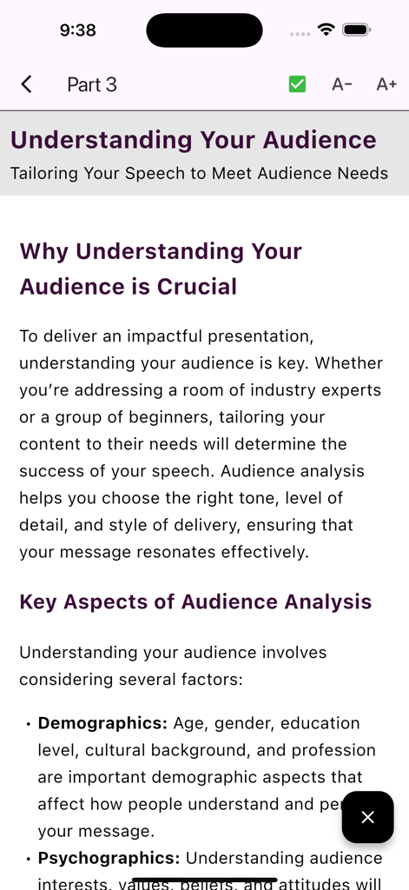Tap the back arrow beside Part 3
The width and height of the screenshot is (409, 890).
[26, 84]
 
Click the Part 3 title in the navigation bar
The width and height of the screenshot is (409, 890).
[92, 84]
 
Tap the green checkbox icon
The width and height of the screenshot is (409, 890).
[297, 84]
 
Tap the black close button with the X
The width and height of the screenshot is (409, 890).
[367, 817]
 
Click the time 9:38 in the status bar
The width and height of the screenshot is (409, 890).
[78, 30]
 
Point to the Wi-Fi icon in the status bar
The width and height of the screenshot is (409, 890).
[327, 30]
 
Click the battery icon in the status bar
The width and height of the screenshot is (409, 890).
[357, 30]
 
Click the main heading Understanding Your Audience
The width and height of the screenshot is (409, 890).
[193, 140]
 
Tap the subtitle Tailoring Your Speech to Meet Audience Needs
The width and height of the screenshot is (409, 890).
[199, 173]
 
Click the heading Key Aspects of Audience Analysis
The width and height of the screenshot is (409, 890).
[195, 601]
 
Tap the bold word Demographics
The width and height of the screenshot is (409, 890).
[102, 723]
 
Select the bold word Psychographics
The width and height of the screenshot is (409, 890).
[109, 858]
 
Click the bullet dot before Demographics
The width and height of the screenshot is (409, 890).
[29, 724]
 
